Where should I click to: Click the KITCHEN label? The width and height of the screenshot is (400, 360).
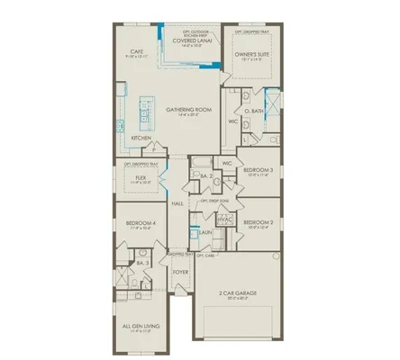tap(141, 138)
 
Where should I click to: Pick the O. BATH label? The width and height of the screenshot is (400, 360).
tap(255, 111)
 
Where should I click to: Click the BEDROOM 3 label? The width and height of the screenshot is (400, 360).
tap(259, 169)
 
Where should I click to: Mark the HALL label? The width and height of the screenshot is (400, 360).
tap(178, 205)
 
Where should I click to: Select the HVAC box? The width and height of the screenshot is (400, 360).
tap(225, 218)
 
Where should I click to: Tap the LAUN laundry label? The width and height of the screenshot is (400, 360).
tap(205, 232)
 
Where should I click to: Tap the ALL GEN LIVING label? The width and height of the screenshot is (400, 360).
tap(139, 328)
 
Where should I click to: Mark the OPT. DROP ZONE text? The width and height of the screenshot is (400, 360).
tap(214, 201)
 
